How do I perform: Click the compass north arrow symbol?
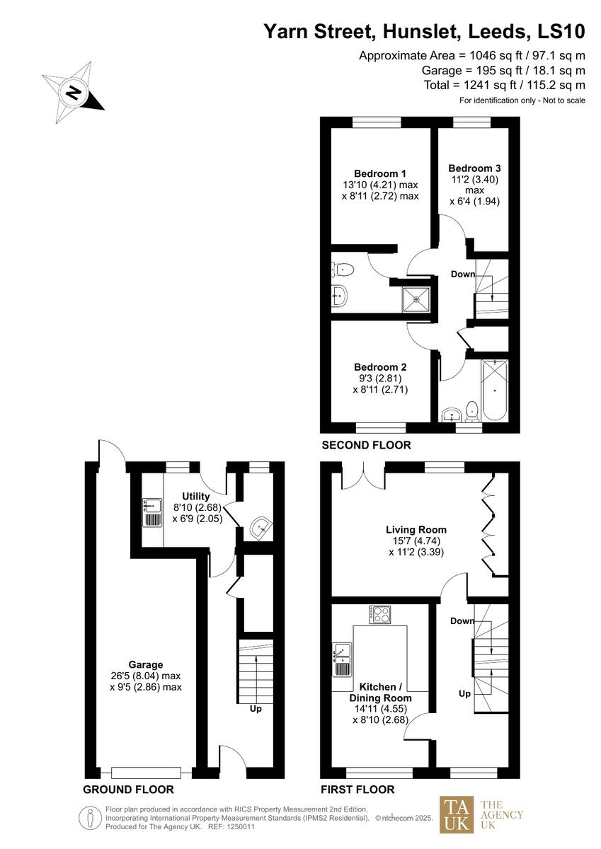[x=73, y=92]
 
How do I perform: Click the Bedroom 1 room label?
[x=380, y=173]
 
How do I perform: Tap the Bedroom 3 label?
[x=474, y=168]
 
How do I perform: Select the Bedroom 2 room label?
[x=380, y=367]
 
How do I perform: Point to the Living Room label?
[x=416, y=529]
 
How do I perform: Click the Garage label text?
[x=146, y=664]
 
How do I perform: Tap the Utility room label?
[x=195, y=496]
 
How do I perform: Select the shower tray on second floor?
[x=416, y=300]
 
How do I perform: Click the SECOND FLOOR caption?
[x=366, y=445]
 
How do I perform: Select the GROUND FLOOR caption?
[x=128, y=790]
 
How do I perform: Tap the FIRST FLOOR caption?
[x=357, y=790]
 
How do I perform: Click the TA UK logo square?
[x=457, y=814]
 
